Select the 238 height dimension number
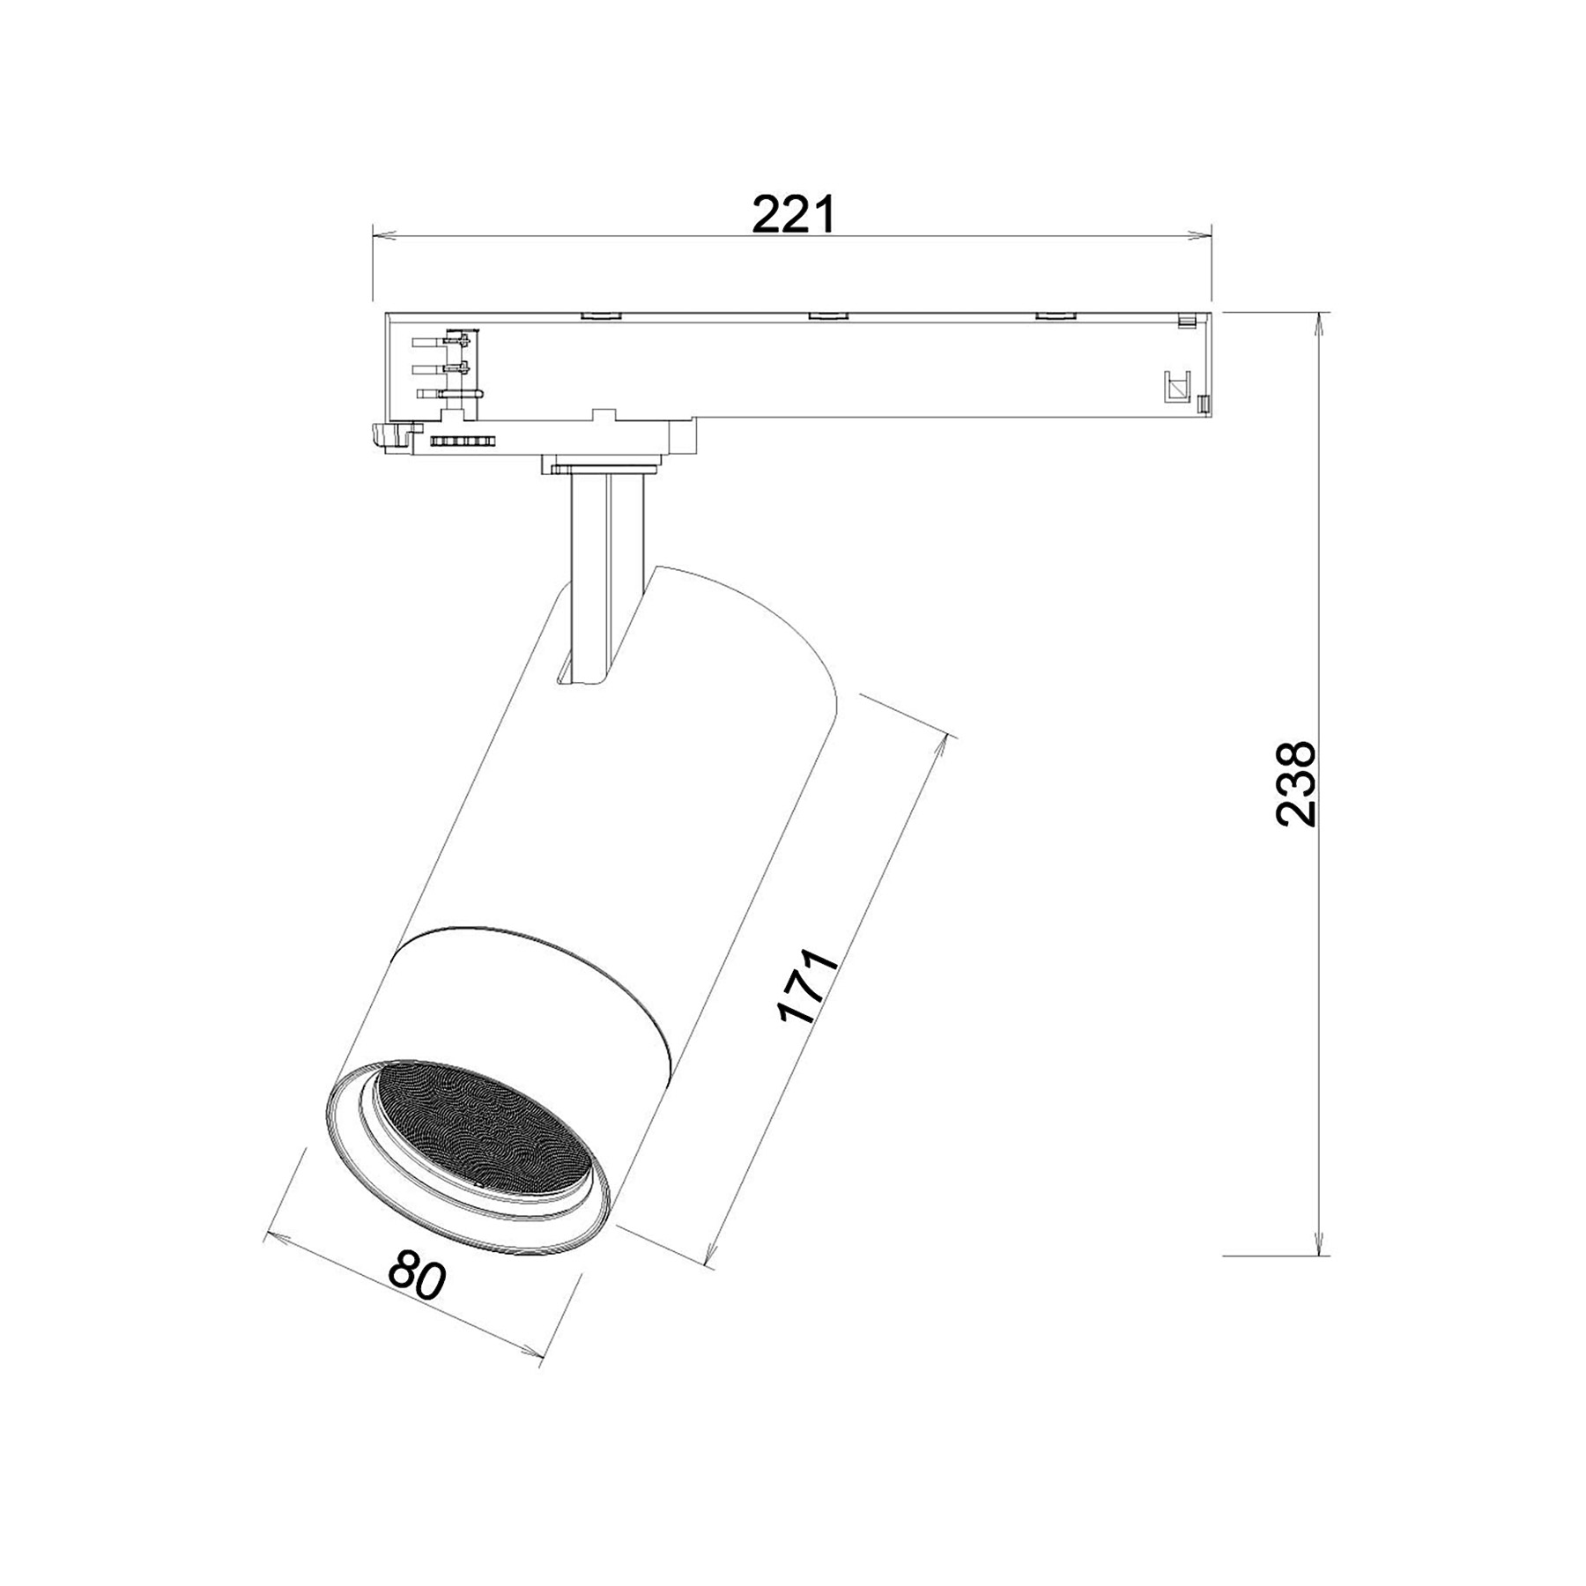tap(1295, 783)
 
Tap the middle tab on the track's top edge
tap(826, 315)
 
